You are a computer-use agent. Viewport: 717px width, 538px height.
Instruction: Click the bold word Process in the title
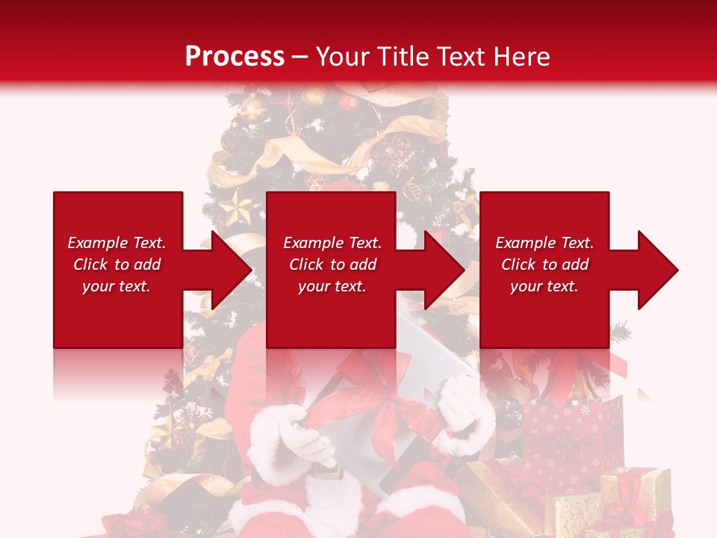point(235,57)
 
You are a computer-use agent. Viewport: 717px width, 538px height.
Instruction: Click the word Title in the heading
point(403,57)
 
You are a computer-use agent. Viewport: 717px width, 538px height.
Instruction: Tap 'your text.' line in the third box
point(544,286)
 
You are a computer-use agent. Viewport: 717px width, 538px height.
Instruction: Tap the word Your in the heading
point(341,57)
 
